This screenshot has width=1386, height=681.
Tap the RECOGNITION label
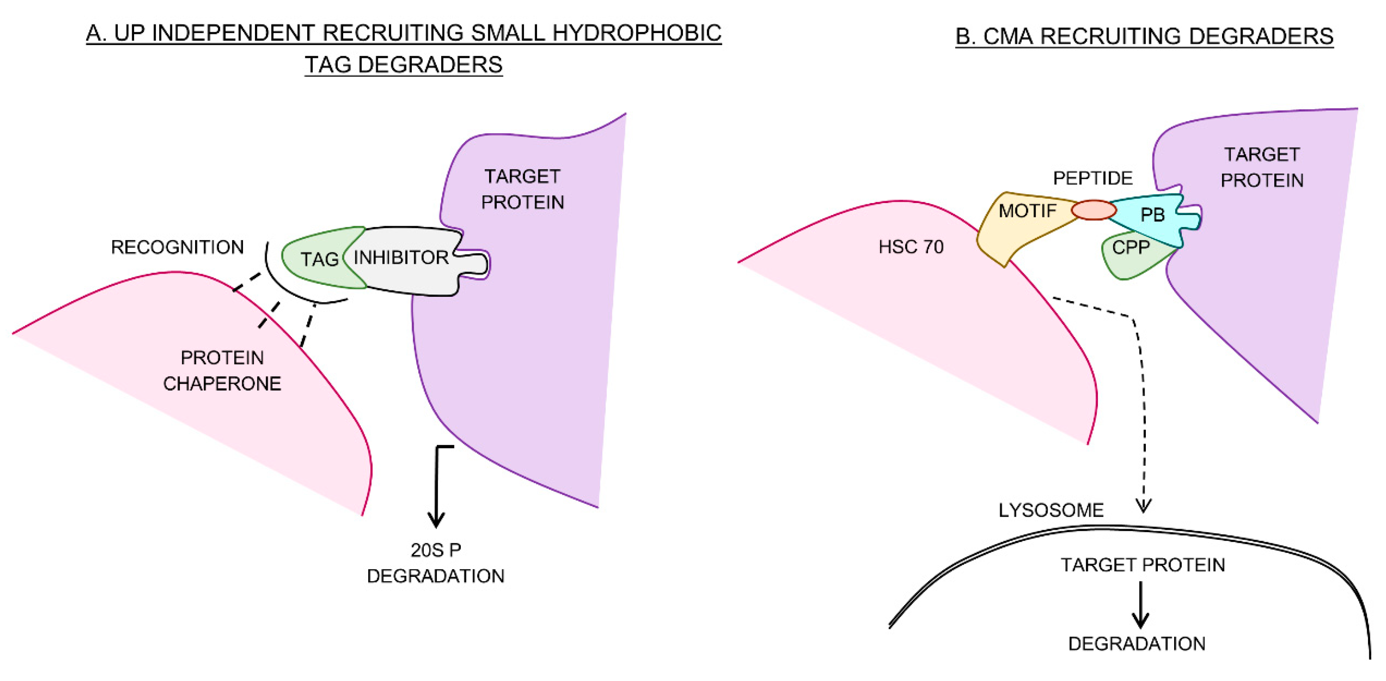[x=177, y=247]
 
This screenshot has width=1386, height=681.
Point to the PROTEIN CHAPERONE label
[x=222, y=371]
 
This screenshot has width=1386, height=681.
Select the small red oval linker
[x=1093, y=210]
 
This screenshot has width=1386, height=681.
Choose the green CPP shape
[x=1130, y=255]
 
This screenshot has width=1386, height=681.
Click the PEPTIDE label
[x=1092, y=178]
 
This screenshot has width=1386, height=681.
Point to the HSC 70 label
[x=911, y=247]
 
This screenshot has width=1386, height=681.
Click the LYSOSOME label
[x=1051, y=510]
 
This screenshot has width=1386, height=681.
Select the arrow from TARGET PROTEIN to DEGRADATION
[x=1140, y=605]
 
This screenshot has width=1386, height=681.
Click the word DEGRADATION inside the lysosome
[x=1136, y=644]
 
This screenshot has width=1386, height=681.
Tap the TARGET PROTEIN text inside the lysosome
[x=1142, y=565]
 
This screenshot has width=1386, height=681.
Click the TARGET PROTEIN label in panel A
[x=522, y=189]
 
